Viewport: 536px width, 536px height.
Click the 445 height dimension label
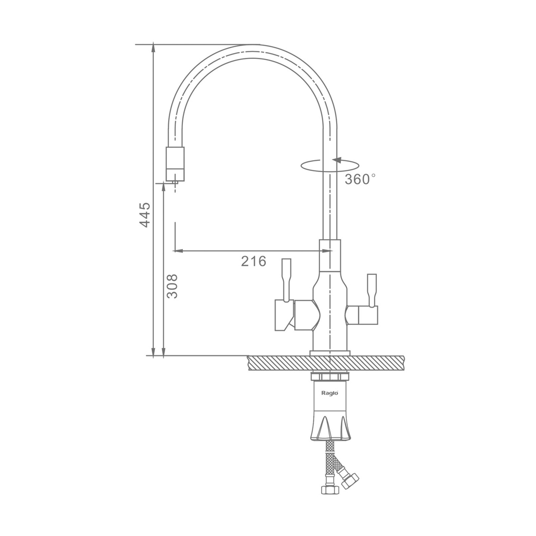point(145,215)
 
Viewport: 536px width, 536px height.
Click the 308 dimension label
point(172,286)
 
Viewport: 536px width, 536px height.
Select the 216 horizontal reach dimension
point(254,261)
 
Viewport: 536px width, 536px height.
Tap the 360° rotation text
point(360,179)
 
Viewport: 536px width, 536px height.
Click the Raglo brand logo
point(330,393)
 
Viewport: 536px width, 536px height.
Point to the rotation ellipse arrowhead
point(337,160)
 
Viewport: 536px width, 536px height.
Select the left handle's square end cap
point(285,316)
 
